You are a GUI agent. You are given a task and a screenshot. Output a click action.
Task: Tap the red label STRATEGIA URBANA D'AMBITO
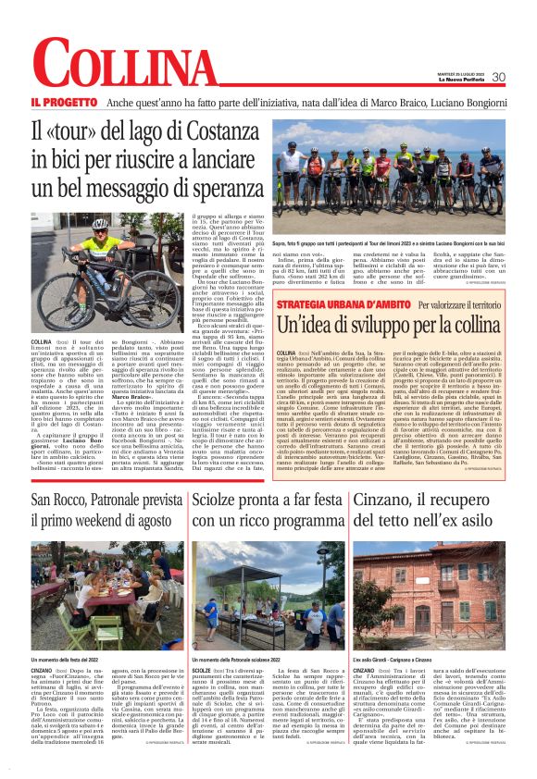click(342, 304)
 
